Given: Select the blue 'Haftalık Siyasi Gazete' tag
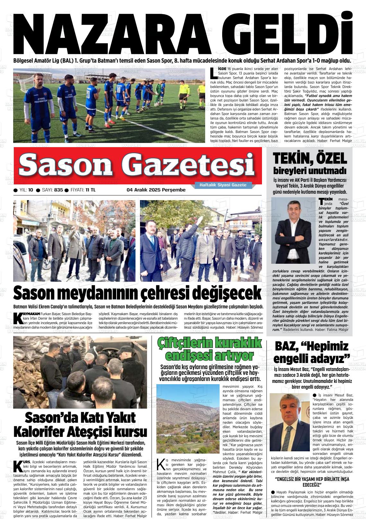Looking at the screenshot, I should pyautogui.click(x=223, y=185).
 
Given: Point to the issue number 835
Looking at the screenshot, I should pyautogui.click(x=58, y=190).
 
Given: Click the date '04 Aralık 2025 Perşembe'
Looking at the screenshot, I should pyautogui.click(x=156, y=190).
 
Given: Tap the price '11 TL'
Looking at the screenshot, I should pyautogui.click(x=90, y=190).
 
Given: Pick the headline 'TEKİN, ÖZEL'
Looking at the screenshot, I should pyautogui.click(x=310, y=158).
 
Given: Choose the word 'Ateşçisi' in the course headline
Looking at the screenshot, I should pyautogui.click(x=91, y=431).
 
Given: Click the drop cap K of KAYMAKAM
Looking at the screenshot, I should pyautogui.click(x=19, y=318).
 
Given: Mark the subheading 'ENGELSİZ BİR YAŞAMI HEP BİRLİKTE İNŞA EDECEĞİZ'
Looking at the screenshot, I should pyautogui.click(x=312, y=482).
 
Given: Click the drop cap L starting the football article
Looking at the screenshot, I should pyautogui.click(x=213, y=73).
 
